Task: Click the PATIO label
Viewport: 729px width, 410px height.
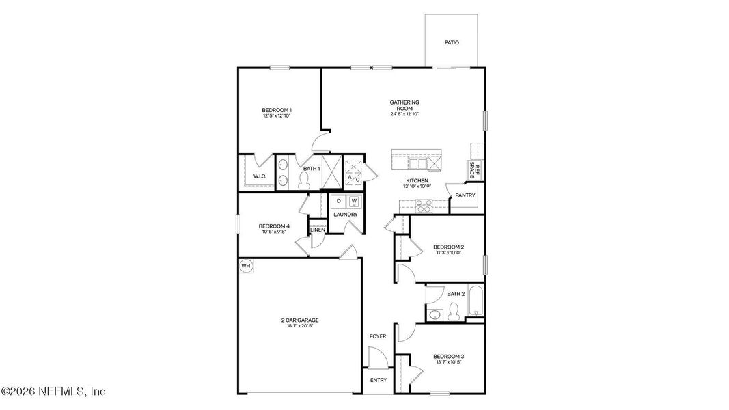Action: coord(451,42)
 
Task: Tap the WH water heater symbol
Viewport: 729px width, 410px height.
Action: coord(245,265)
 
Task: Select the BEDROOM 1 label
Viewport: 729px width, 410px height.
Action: coord(277,110)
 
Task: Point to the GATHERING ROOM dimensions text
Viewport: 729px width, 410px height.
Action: coord(404,114)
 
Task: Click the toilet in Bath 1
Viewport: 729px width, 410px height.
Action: coord(305,180)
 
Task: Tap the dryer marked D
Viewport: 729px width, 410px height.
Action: coord(338,201)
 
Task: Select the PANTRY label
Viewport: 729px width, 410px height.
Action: coord(465,195)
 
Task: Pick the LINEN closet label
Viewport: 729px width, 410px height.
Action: coord(317,230)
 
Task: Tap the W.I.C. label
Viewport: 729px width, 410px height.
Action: coord(260,176)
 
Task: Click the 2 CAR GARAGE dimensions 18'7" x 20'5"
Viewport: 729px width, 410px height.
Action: coord(299,326)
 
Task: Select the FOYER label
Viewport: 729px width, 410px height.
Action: coord(378,336)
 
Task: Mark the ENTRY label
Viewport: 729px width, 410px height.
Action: coord(378,380)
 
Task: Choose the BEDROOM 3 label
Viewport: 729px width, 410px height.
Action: coord(449,356)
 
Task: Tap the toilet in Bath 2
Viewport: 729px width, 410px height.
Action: coord(452,312)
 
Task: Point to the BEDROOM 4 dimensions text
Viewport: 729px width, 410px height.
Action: coord(274,232)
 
